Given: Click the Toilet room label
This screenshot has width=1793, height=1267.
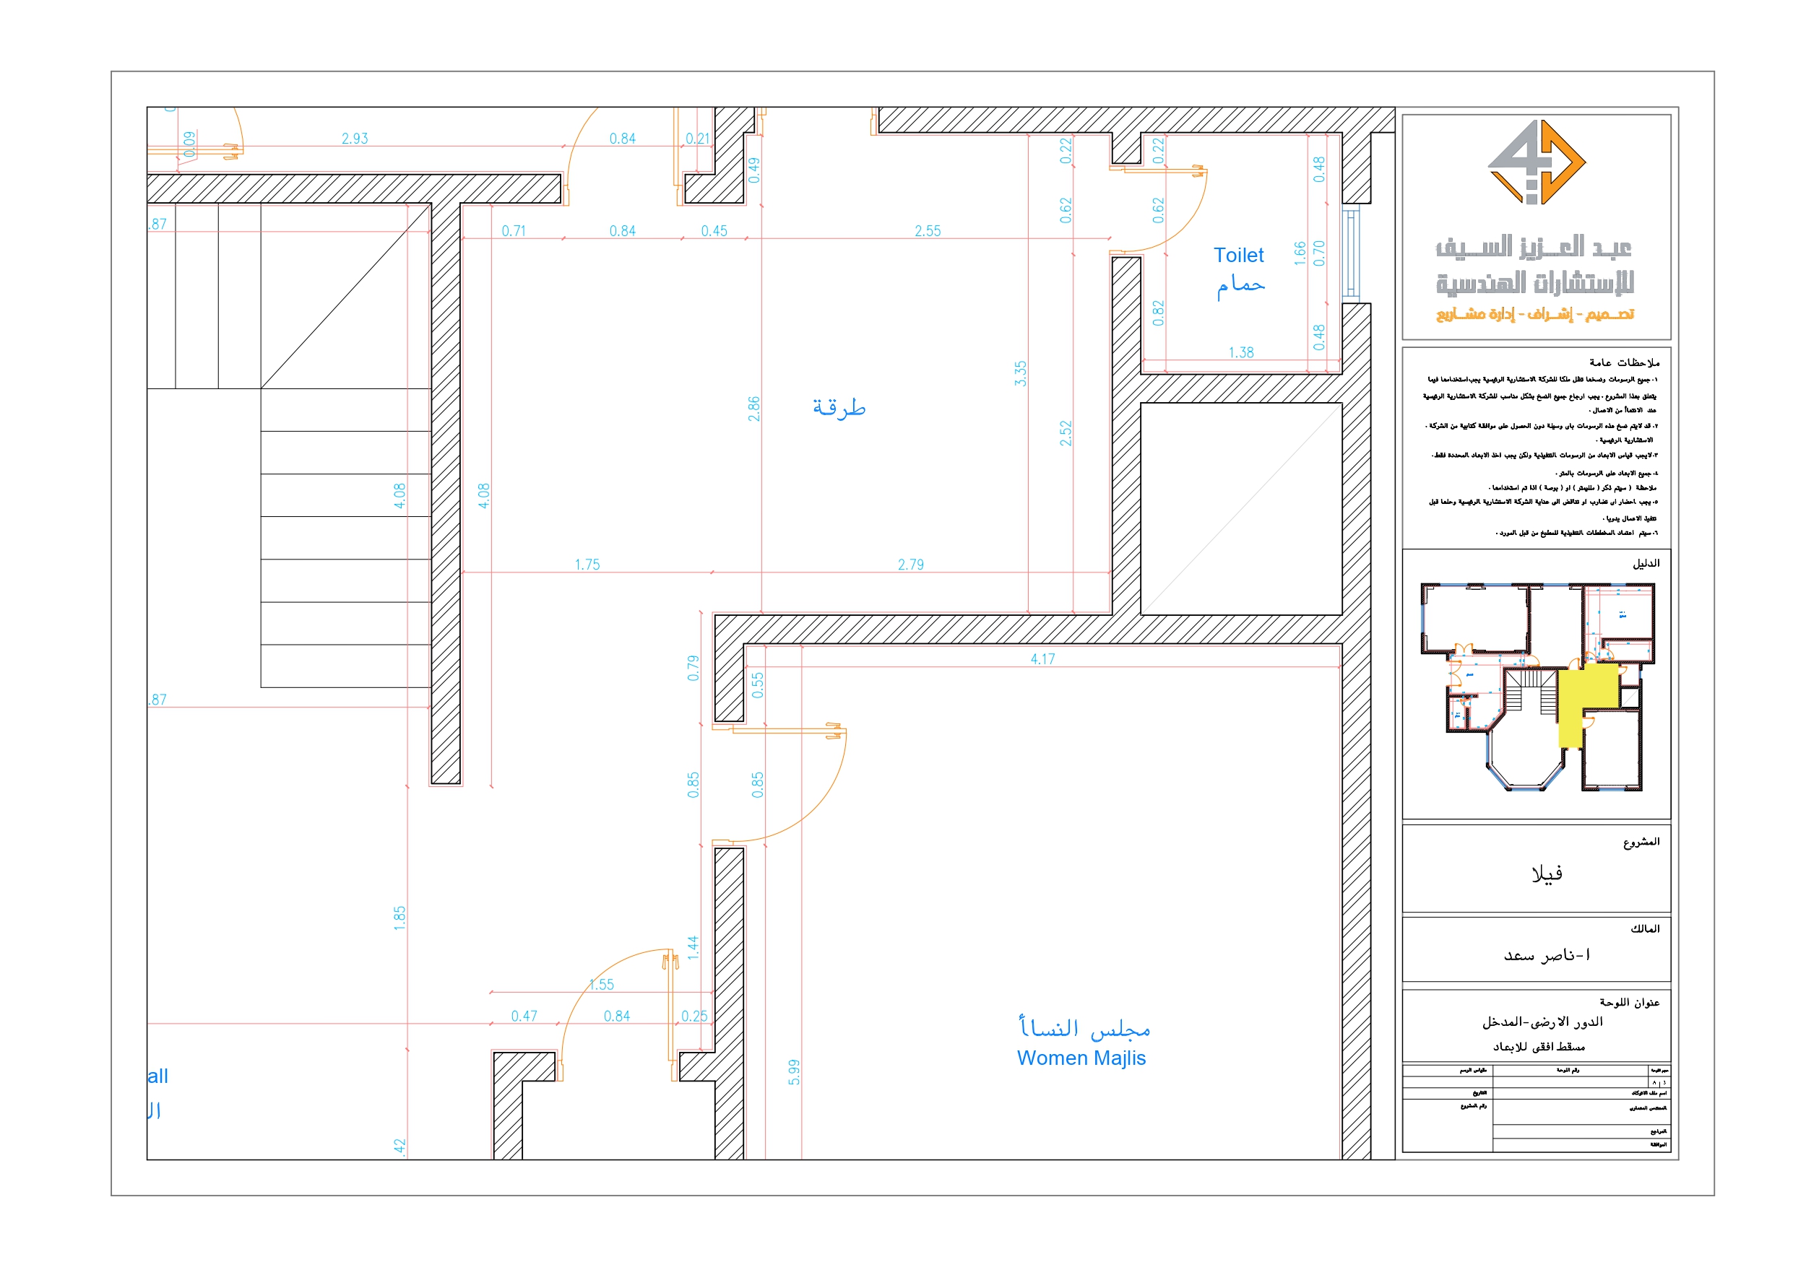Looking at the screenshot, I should (x=1237, y=256).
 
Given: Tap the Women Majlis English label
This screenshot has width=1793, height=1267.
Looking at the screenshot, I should (x=1081, y=1058).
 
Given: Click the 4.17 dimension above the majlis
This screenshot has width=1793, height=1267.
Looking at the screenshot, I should (x=1042, y=659).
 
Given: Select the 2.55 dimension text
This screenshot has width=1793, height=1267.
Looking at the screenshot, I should (x=927, y=231).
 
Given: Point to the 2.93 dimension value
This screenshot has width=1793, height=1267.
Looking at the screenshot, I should (x=355, y=139).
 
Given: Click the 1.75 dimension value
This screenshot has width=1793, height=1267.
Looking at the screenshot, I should (x=587, y=565).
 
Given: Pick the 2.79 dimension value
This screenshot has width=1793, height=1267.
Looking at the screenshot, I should (x=910, y=565).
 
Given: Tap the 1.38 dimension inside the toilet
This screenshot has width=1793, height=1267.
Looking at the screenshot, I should (x=1240, y=353).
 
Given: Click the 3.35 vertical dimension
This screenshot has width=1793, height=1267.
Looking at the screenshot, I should (x=1020, y=373).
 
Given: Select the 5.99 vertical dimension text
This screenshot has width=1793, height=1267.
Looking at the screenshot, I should (x=793, y=1072).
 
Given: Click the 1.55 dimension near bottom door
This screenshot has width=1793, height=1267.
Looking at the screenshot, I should (x=601, y=985).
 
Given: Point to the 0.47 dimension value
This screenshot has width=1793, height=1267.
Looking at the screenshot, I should (x=524, y=1016).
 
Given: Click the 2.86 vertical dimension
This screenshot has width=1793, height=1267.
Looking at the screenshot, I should (x=753, y=409).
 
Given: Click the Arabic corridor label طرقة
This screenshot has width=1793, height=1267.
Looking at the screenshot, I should (x=839, y=407).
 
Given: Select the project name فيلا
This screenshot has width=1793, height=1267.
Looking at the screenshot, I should (x=1546, y=874).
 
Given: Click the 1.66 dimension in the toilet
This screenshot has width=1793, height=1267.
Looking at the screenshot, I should (x=1300, y=253).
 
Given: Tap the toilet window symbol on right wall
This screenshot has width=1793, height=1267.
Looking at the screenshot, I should (x=1350, y=252).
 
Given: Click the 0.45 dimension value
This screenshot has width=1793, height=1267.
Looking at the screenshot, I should (x=713, y=231).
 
